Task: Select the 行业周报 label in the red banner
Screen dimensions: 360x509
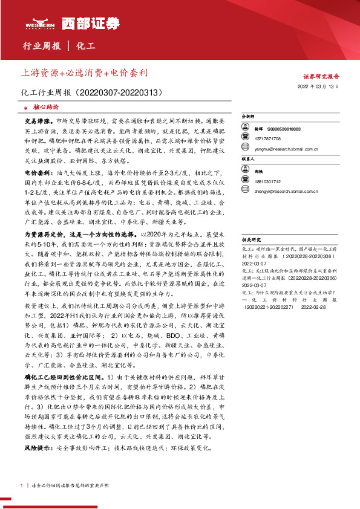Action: click(x=42, y=46)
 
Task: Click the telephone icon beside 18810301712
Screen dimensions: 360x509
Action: click(x=246, y=181)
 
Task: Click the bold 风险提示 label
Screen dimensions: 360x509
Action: click(x=36, y=449)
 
